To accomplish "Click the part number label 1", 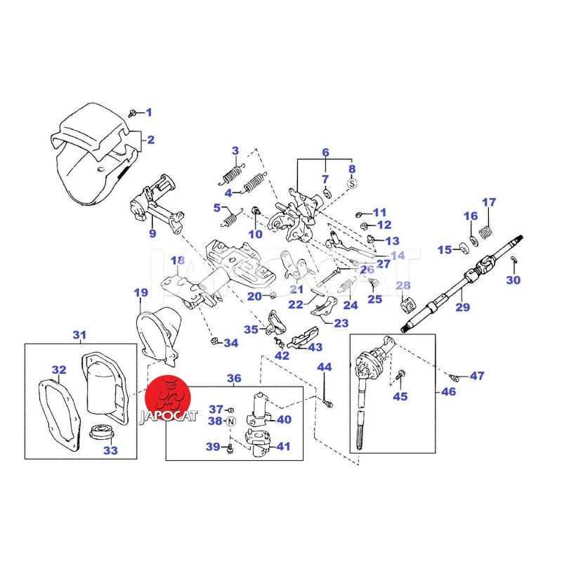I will pyautogui.click(x=148, y=112).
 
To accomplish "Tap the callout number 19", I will pyautogui.click(x=140, y=292).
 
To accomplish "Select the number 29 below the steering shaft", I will pyautogui.click(x=462, y=307).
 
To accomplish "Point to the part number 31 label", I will pyautogui.click(x=79, y=334).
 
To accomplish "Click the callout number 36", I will pyautogui.click(x=234, y=378).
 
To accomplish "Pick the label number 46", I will pyautogui.click(x=448, y=391).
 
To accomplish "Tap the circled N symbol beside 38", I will pyautogui.click(x=232, y=421).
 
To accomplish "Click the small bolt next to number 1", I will pyautogui.click(x=133, y=112).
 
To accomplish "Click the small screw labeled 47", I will pyautogui.click(x=456, y=377).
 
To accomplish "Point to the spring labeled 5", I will pyautogui.click(x=228, y=220).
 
